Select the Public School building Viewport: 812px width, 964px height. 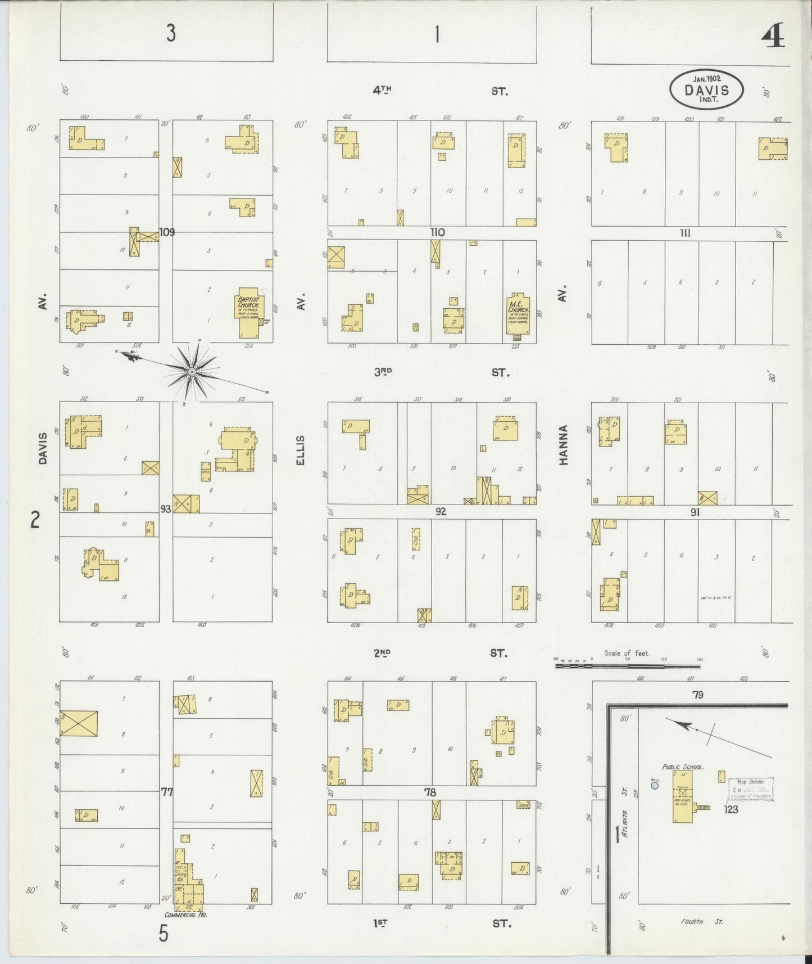click(x=683, y=796)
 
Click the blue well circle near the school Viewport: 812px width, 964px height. click(x=654, y=786)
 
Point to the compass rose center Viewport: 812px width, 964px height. click(x=192, y=372)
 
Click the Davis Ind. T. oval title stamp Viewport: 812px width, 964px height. click(x=706, y=90)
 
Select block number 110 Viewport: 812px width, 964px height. click(x=437, y=232)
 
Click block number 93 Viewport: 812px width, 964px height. click(x=165, y=509)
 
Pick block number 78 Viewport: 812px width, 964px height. click(x=430, y=792)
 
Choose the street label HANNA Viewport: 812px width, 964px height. click(x=564, y=444)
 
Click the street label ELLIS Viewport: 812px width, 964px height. click(x=300, y=450)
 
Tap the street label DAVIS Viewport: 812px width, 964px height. click(x=43, y=452)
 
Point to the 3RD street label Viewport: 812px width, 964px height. click(x=383, y=372)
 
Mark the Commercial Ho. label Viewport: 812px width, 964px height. click(x=186, y=915)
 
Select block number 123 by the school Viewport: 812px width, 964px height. click(x=731, y=810)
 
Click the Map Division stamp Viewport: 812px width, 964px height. click(x=751, y=789)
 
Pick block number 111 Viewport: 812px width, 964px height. click(x=684, y=233)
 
